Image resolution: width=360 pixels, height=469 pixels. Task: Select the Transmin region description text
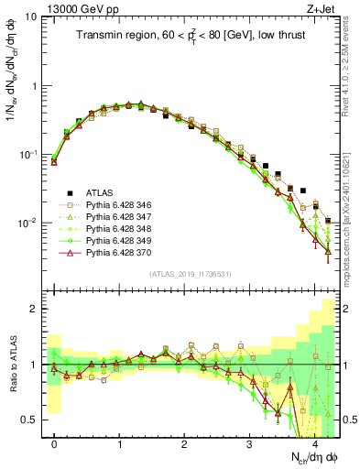(x=191, y=35)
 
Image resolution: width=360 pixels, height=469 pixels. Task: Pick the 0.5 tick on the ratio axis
(x=29, y=420)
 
